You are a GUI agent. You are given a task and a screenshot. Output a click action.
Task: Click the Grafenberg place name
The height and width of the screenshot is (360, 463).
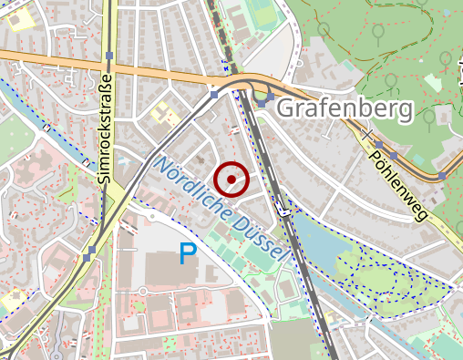(x=345, y=109)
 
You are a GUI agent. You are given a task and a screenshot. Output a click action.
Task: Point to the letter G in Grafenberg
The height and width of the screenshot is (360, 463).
(x=285, y=109)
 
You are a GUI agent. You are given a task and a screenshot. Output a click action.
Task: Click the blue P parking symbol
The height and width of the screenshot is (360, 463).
(x=188, y=254)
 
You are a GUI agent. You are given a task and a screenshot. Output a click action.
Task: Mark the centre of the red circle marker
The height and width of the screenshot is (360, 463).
(x=231, y=180)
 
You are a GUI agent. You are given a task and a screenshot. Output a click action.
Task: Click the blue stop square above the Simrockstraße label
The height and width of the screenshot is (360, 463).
(x=109, y=57)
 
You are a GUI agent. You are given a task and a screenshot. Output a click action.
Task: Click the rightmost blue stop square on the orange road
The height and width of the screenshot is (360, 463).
(x=443, y=176)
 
